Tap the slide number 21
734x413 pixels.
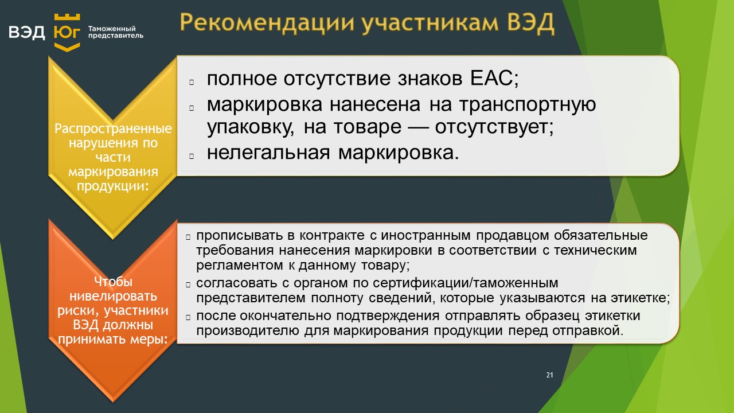click(549, 375)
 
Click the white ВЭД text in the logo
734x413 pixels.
click(26, 32)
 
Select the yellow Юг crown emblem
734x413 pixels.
click(67, 32)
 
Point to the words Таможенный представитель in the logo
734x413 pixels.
click(116, 32)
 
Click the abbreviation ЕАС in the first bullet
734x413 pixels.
click(494, 79)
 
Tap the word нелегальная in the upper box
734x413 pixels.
click(268, 153)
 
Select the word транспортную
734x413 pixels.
click(527, 104)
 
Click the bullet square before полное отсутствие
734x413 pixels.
click(192, 82)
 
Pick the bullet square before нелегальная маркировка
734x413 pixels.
click(192, 156)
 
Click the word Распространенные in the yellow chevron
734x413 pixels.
click(113, 128)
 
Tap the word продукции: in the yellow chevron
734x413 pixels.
click(113, 186)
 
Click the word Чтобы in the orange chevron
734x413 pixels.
click(113, 282)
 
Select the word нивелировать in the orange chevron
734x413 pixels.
click(113, 296)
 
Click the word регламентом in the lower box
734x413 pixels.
click(240, 265)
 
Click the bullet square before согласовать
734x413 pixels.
click(188, 285)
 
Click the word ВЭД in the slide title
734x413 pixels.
click(530, 23)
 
